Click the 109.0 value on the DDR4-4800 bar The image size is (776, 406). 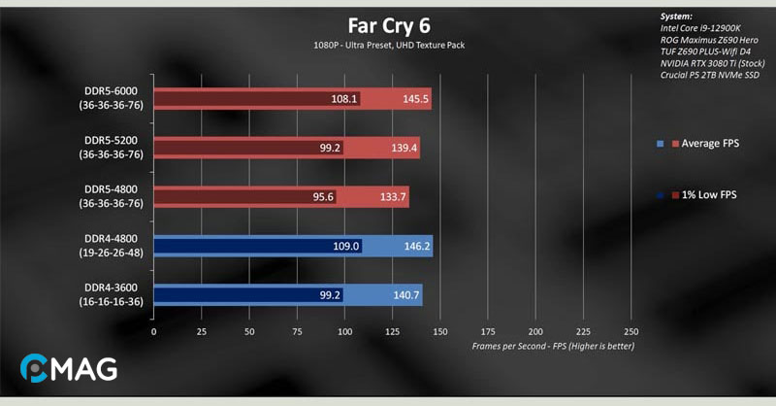pyautogui.click(x=346, y=247)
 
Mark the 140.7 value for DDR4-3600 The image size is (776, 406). pyautogui.click(x=406, y=295)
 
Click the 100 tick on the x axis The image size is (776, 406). pyautogui.click(x=344, y=331)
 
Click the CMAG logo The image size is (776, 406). pyautogui.click(x=68, y=369)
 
